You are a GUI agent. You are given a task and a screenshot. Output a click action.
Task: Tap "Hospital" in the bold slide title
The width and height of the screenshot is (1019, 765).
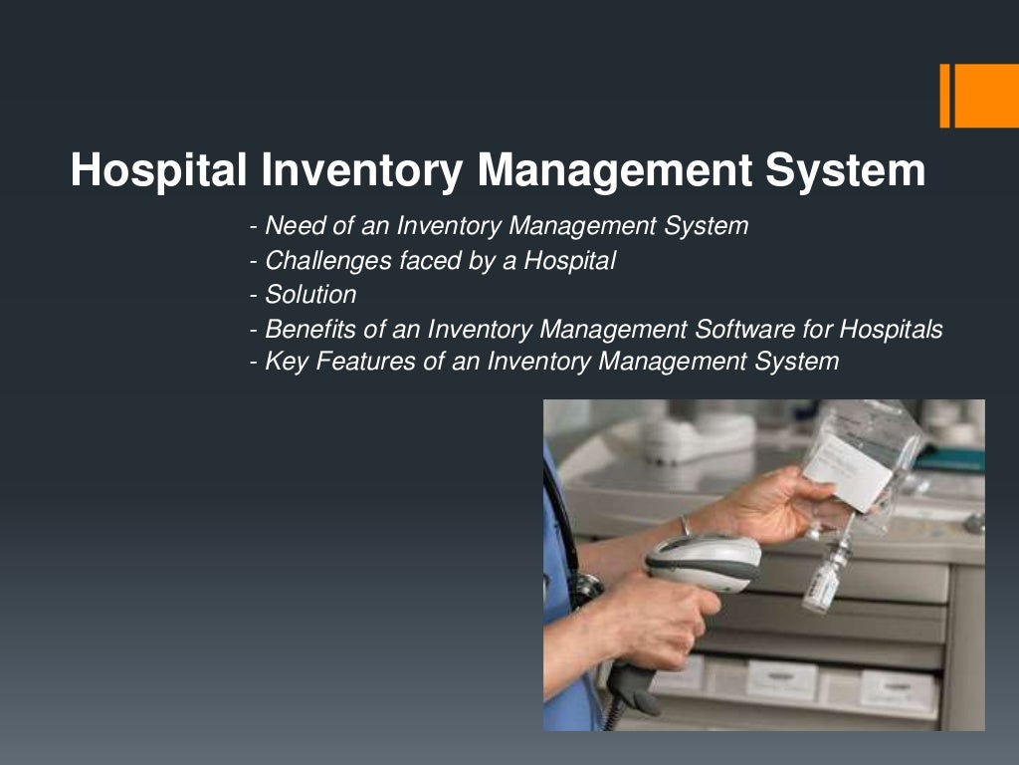[x=158, y=171]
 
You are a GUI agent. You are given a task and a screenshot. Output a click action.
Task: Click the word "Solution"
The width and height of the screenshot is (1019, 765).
[x=310, y=295]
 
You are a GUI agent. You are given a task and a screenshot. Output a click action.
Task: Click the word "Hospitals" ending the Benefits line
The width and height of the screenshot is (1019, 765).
[x=891, y=329]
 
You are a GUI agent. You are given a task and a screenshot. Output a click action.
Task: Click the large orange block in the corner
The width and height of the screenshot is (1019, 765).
[x=987, y=96]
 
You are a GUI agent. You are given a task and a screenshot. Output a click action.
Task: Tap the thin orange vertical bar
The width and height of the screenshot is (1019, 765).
[x=944, y=96]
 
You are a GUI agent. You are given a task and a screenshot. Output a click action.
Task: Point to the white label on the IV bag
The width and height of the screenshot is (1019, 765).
[x=848, y=468]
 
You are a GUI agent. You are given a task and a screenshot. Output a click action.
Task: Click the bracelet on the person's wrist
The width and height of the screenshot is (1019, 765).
[x=685, y=525]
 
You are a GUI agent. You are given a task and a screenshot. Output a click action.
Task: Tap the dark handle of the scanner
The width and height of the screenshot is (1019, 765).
[x=633, y=683]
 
